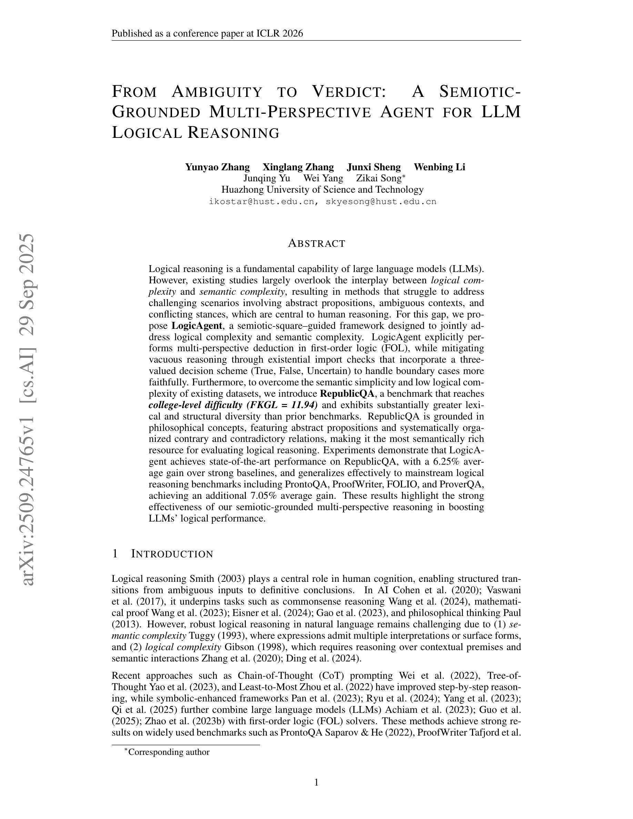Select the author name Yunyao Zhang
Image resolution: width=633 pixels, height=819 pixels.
tap(217, 167)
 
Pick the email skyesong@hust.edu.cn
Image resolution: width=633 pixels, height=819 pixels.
tap(381, 202)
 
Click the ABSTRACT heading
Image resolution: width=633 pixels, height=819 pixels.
tap(316, 244)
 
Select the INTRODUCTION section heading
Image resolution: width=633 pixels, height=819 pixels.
tap(172, 554)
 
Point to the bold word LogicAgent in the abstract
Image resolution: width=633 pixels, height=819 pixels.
tap(197, 325)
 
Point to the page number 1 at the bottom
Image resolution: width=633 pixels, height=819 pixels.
tap(316, 782)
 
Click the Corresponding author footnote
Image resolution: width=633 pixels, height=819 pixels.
tap(168, 752)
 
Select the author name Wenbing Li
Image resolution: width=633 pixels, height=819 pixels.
tap(439, 167)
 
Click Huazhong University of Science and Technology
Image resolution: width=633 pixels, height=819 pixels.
tap(322, 190)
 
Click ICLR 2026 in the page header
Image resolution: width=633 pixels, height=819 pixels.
tap(279, 34)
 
